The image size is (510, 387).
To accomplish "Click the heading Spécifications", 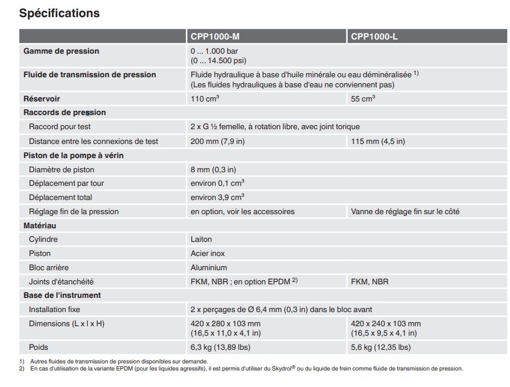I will coord(60,13).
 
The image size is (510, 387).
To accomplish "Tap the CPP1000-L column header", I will coord(374,37).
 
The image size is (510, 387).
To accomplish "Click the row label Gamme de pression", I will coord(61,51).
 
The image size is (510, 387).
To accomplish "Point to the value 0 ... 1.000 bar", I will coord(214,51).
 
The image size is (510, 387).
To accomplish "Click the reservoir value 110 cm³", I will coord(205,99).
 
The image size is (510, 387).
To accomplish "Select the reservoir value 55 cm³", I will coord(363,99).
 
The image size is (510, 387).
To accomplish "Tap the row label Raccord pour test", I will coord(60,127).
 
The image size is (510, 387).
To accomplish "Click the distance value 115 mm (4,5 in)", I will coord(378,141).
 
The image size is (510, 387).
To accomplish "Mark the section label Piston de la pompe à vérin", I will coord(73,155).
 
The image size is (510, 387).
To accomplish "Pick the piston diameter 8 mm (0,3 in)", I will coord(213,170).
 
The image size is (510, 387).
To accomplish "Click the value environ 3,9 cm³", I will coord(217,197).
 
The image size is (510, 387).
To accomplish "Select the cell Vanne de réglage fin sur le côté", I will coord(405,211).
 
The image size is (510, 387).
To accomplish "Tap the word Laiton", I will coord(201,240).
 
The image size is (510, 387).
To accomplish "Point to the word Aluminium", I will coord(209,267).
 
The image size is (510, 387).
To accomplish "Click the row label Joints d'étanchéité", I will coord(61,282).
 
